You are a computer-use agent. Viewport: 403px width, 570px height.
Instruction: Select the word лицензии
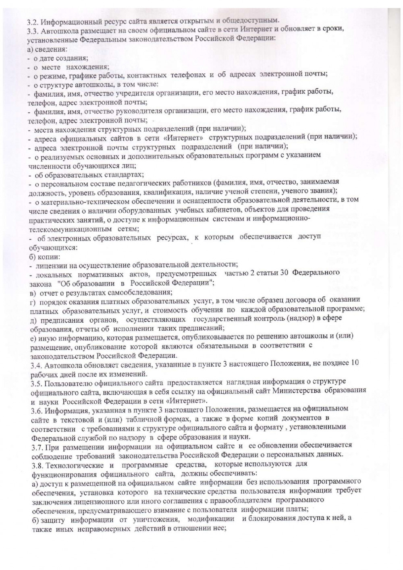50,265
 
